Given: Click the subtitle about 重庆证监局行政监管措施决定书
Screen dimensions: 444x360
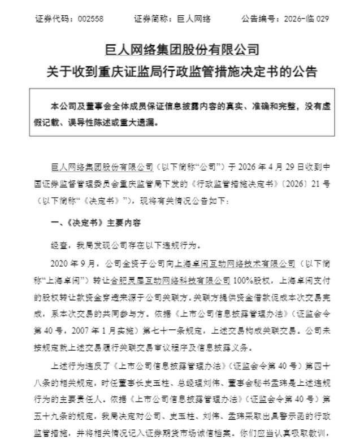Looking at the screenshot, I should tap(183, 72).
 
